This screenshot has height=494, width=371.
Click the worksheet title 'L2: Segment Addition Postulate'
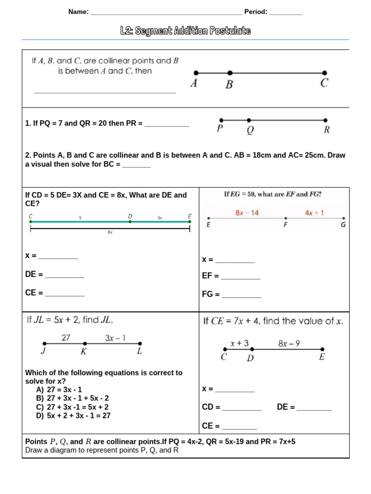point(185,31)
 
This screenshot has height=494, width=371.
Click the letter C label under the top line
point(324,83)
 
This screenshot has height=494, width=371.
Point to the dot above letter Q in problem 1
point(249,120)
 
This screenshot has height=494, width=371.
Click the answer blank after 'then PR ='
point(167,124)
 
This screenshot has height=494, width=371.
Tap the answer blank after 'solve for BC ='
point(137,165)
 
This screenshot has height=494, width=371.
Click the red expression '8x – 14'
point(247,212)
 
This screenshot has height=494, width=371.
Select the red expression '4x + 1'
point(314,212)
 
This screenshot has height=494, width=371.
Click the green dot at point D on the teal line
point(130,222)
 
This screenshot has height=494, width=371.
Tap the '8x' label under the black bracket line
point(110,232)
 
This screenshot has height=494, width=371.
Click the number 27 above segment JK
point(66,338)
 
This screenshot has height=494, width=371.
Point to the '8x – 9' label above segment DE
point(289,343)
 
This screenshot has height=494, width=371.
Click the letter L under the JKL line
point(140,352)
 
